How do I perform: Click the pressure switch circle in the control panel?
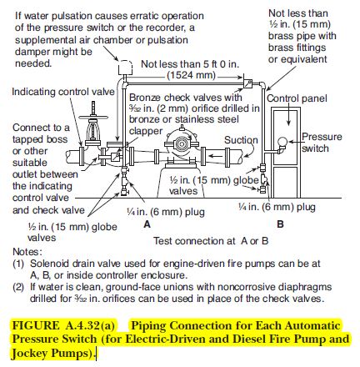click(282, 142)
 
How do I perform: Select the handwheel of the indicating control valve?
click(93, 118)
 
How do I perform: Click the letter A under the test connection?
click(147, 224)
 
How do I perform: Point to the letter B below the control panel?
click(280, 224)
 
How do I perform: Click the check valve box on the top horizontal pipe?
click(247, 83)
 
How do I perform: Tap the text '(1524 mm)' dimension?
click(192, 75)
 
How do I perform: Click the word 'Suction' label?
click(241, 140)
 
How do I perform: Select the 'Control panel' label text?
click(297, 98)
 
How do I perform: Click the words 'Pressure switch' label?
click(322, 143)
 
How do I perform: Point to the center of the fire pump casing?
click(182, 144)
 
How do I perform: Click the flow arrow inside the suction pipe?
click(215, 156)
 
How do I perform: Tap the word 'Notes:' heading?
click(27, 252)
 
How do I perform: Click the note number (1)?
click(18, 264)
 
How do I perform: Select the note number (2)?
click(18, 287)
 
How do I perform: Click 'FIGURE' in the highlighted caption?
click(36, 325)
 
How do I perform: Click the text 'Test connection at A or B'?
click(211, 241)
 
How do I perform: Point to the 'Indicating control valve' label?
click(63, 92)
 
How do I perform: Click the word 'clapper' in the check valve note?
click(146, 131)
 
